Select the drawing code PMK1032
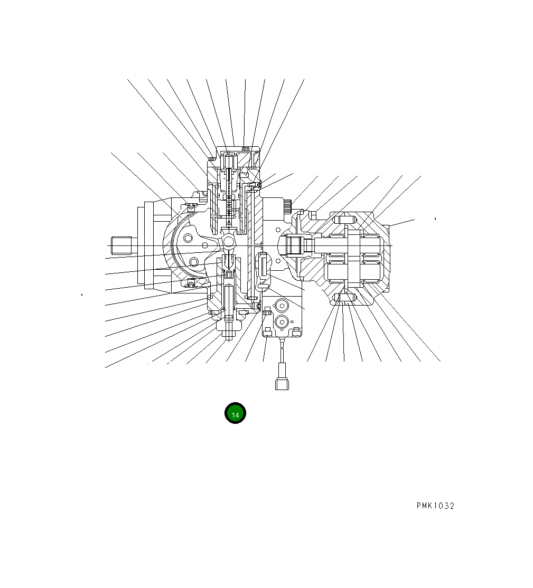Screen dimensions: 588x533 click(435, 506)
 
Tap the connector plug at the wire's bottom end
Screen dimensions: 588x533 click(282, 383)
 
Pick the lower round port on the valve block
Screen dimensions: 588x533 click(281, 321)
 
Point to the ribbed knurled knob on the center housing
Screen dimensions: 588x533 click(287, 206)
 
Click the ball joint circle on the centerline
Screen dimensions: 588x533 click(229, 241)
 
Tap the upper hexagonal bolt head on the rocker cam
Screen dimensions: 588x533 click(189, 239)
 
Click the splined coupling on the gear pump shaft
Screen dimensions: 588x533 click(294, 245)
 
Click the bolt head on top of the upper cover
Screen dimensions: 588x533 click(245, 148)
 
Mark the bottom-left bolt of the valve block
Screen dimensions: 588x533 click(268, 332)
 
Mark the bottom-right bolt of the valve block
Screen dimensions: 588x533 click(296, 331)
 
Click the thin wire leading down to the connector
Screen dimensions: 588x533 click(282, 355)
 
